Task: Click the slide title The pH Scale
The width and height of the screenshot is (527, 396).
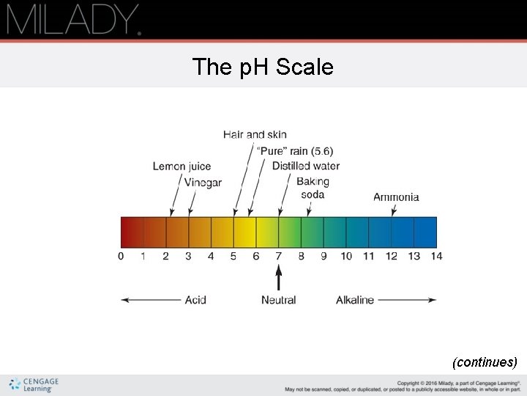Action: point(263,67)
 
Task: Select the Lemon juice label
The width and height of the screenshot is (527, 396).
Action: point(182,166)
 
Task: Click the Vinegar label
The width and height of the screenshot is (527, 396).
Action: point(203,183)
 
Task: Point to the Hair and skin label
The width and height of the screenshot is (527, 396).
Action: point(255,135)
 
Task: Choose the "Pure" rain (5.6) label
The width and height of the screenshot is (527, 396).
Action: point(295,151)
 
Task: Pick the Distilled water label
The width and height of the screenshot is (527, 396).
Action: point(306,166)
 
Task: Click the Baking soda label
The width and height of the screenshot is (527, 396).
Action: point(313,188)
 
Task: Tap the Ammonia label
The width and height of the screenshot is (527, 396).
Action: point(396,197)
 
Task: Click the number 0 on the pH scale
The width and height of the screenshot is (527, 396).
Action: point(121,256)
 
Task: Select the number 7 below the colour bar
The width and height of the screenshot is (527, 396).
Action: point(278,256)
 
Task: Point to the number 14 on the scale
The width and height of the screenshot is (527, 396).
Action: point(436,256)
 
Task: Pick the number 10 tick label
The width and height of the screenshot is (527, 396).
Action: point(346,256)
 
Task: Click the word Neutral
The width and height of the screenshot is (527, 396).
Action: point(278,300)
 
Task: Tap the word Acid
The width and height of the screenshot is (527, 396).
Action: point(195,300)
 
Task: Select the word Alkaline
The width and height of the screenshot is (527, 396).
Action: point(355,300)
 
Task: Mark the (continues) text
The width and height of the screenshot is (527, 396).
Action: point(485,362)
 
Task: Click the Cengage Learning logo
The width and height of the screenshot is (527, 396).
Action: point(34,385)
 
